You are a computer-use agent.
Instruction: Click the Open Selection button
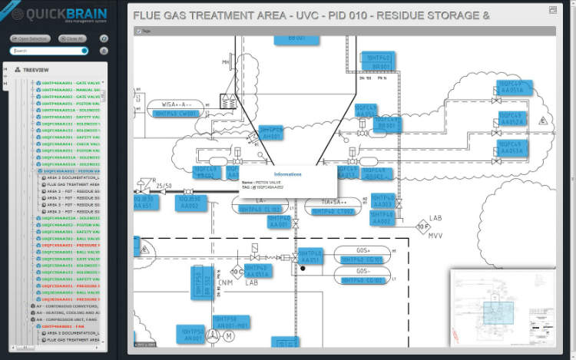(x=30, y=38)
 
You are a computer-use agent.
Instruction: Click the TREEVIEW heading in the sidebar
(x=36, y=69)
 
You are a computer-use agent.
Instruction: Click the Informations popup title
(x=288, y=174)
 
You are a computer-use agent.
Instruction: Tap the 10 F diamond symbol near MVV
(x=422, y=226)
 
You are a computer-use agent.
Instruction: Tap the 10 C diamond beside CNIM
(x=237, y=271)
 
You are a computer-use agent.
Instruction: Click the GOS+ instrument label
(x=363, y=251)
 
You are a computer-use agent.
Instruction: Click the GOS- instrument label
(x=363, y=270)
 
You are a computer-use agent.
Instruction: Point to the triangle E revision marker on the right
(x=542, y=121)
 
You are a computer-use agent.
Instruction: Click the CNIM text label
(x=225, y=282)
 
